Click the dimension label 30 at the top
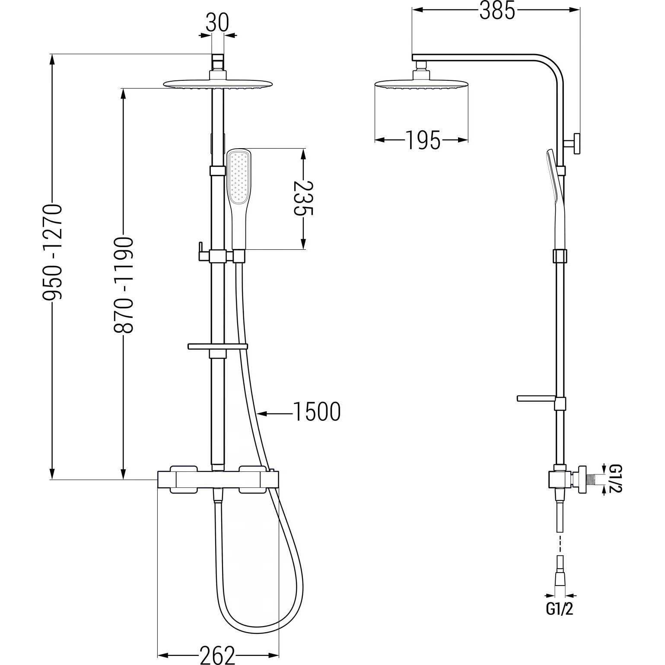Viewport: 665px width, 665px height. tap(217, 22)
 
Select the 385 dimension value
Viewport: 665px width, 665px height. tap(497, 11)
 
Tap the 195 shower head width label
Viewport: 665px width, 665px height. tap(423, 140)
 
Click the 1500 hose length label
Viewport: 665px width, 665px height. tap(317, 411)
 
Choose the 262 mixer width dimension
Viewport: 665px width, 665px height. tap(217, 655)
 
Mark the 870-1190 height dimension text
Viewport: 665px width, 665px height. tap(124, 285)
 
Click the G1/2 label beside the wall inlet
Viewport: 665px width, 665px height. tap(615, 479)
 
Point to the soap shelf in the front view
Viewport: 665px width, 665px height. tap(217, 347)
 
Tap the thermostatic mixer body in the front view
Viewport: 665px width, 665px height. tap(217, 480)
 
